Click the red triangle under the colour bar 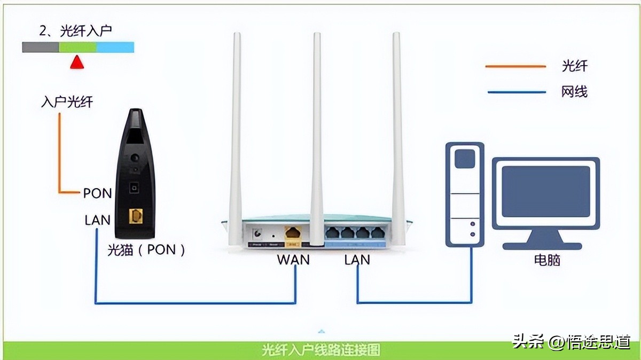[x=77, y=62]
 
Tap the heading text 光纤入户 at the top [x=76, y=31]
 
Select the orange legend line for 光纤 [x=515, y=67]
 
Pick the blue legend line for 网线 [x=516, y=92]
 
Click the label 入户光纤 [x=67, y=103]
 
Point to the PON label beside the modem [x=97, y=193]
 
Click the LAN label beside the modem [x=97, y=220]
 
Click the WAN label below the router [x=293, y=260]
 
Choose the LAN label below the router [x=357, y=260]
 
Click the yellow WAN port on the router [x=293, y=233]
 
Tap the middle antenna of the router [x=317, y=134]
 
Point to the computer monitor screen [x=545, y=191]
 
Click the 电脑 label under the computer [x=547, y=261]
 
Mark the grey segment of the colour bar [x=41, y=48]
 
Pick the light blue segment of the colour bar [x=115, y=48]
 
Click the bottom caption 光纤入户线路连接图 [x=321, y=350]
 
